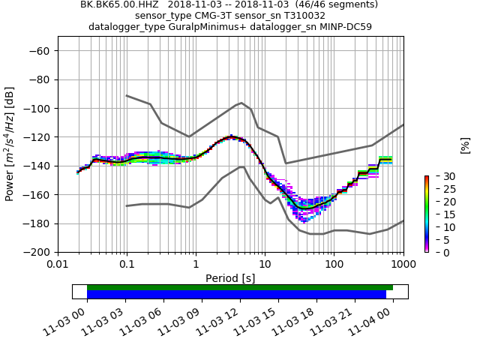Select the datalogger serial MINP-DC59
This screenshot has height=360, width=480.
345,27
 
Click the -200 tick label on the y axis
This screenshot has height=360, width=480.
37,253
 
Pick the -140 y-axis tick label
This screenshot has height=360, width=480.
37,166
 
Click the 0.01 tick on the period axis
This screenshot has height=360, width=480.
58,264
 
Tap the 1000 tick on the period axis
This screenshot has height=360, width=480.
403,264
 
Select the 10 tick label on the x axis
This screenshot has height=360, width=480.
265,264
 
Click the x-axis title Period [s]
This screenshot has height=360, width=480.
230,278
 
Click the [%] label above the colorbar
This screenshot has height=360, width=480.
465,145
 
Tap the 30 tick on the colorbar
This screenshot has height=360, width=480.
436,176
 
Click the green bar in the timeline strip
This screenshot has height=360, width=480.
240,287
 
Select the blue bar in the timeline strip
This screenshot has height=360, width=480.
236,295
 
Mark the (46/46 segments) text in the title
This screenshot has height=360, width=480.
329,4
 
